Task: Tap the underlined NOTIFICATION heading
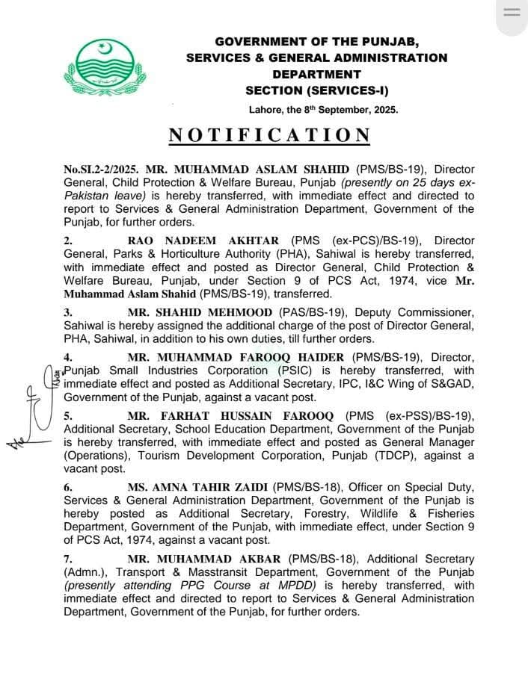coord(269,135)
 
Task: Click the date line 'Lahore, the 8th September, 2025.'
coord(324,109)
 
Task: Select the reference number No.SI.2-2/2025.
coord(102,170)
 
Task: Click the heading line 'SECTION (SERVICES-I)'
coord(316,90)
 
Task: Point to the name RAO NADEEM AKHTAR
coord(203,241)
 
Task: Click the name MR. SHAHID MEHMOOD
coord(200,311)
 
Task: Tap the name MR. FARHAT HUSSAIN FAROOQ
coord(233,417)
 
